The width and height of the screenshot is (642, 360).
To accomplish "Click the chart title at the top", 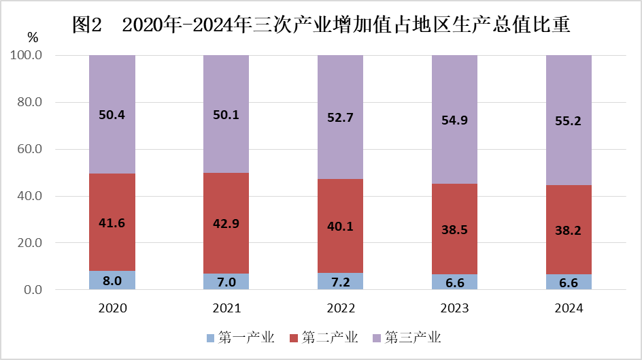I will pos(320,25).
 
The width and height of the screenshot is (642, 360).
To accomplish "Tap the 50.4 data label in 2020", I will pos(112,115).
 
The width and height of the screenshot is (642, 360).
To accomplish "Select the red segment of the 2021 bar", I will pos(226,204).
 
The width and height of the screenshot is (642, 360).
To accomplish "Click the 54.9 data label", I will pos(454,120).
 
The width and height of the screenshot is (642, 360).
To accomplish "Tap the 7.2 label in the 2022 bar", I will pos(340,281).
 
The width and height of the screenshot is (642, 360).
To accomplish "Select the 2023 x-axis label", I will pos(454,308).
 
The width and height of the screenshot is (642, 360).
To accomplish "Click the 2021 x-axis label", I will pos(226,308).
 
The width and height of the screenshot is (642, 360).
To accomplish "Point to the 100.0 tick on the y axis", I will pos(27,55).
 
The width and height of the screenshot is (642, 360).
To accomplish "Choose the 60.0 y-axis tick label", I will pos(30,149).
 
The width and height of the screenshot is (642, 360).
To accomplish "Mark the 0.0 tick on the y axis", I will pos(33,290).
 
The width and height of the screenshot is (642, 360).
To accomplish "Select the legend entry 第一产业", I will pos(246,338).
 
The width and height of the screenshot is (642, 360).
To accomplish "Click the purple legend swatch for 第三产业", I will pos(377,338).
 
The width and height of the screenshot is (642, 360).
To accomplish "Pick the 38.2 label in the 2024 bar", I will pos(569,231).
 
